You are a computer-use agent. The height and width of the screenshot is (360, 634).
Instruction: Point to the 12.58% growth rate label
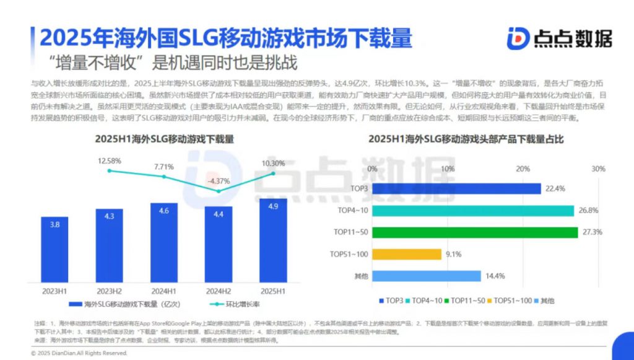tap(109, 161)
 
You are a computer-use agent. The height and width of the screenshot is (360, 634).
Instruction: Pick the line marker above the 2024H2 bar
tap(218, 191)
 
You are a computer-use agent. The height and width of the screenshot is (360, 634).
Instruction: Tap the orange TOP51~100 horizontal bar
tap(407, 254)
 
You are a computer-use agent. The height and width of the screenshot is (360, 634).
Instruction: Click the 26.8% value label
tap(588, 211)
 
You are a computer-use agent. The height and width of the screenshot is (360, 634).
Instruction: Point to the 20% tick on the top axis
tap(523, 169)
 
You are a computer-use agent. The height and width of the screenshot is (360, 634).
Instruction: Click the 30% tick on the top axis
tap(597, 169)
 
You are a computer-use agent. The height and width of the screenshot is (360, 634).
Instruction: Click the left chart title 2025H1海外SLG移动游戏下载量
tap(164, 139)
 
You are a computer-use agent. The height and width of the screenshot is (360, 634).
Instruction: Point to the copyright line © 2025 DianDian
tap(79, 353)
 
